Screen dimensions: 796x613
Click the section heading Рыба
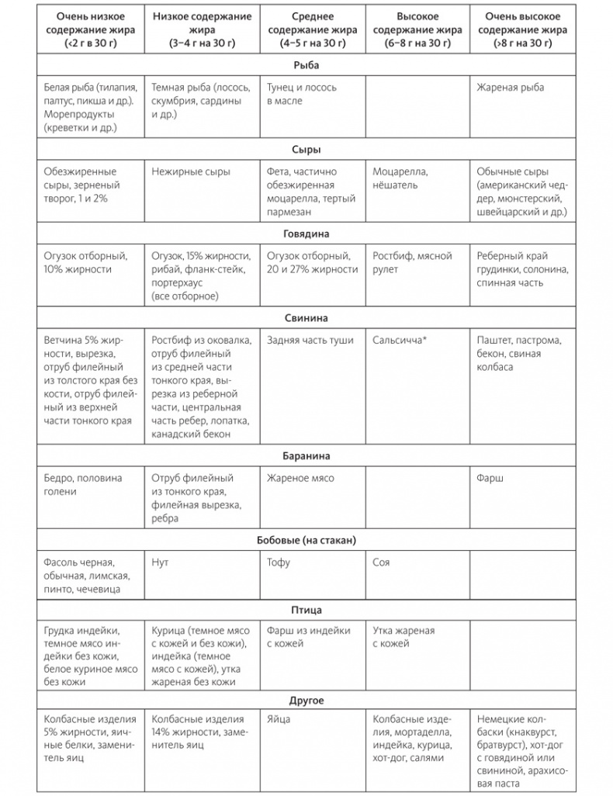pyautogui.click(x=306, y=65)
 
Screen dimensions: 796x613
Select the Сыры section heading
pyautogui.click(x=306, y=150)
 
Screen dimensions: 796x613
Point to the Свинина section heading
pyautogui.click(x=306, y=318)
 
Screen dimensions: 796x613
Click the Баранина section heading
pyautogui.click(x=306, y=456)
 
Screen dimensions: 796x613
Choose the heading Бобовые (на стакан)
pyautogui.click(x=306, y=540)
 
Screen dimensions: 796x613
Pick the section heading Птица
pyautogui.click(x=306, y=610)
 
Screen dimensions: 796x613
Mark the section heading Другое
pyautogui.click(x=306, y=701)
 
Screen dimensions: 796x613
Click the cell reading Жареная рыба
pyautogui.click(x=510, y=88)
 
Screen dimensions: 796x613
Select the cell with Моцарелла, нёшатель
pyautogui.click(x=400, y=178)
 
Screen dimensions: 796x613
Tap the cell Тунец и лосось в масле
pyautogui.click(x=301, y=94)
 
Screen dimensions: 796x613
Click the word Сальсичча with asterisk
pyautogui.click(x=400, y=340)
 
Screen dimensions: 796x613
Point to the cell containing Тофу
pyautogui.click(x=279, y=562)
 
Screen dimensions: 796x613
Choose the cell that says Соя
pyautogui.click(x=381, y=562)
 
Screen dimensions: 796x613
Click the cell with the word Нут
pyautogui.click(x=161, y=562)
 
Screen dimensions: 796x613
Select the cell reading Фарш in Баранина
pyautogui.click(x=490, y=479)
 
